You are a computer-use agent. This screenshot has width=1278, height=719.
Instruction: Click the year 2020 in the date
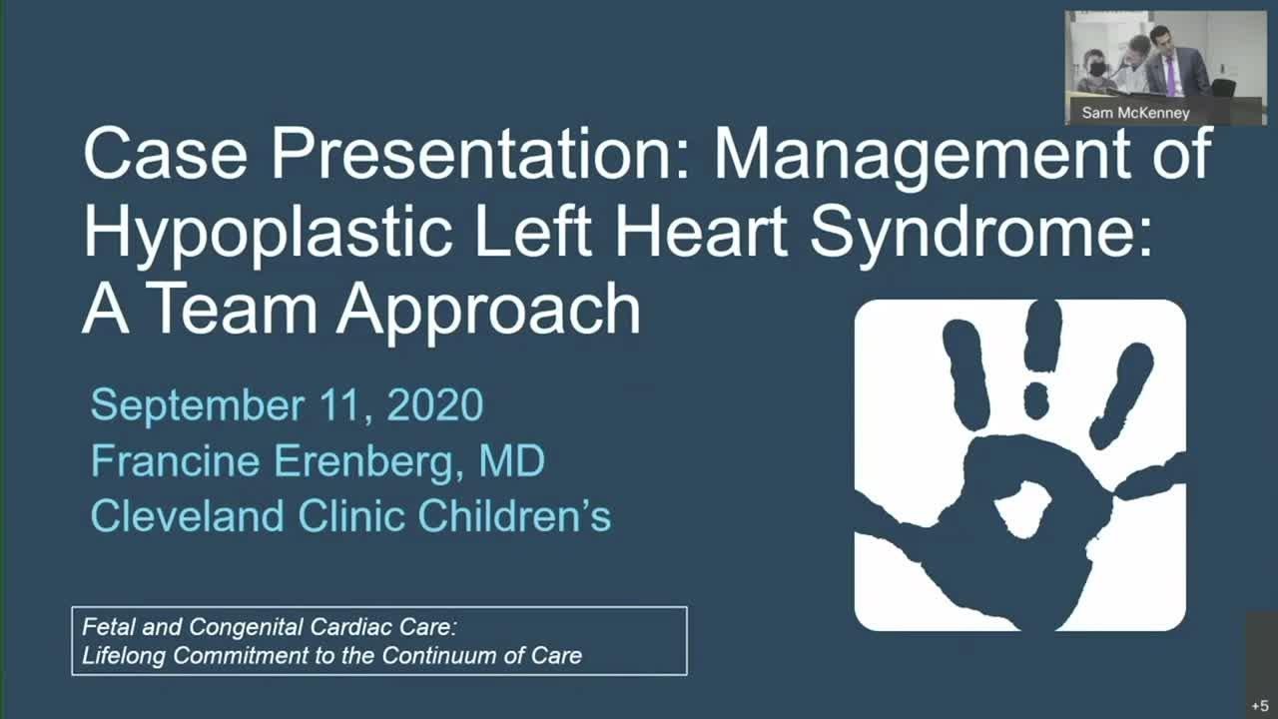pyautogui.click(x=435, y=405)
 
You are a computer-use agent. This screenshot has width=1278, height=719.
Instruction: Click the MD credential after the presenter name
pyautogui.click(x=511, y=461)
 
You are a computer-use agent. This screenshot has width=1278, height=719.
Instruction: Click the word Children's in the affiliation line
pyautogui.click(x=514, y=516)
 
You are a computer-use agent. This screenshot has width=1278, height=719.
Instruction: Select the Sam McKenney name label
pyautogui.click(x=1135, y=113)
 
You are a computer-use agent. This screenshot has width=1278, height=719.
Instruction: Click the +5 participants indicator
pyautogui.click(x=1258, y=705)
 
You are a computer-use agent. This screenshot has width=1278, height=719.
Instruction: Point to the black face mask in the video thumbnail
pyautogui.click(x=1096, y=70)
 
